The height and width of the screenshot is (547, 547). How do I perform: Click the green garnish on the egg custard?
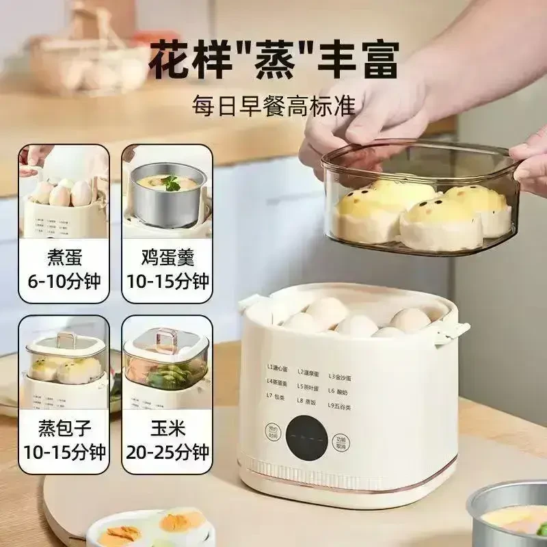[170, 183]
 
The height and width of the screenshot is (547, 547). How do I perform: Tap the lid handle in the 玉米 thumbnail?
[164, 336]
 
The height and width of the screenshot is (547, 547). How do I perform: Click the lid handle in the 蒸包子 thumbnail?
[66, 338]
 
